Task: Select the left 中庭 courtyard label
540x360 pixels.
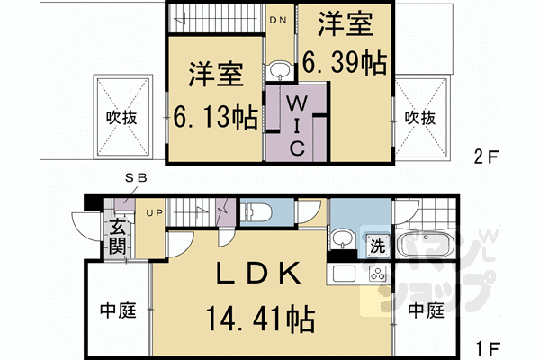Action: coord(118,311)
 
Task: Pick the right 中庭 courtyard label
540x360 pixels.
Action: coord(426,311)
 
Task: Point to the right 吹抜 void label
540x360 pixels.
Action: coord(420,118)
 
